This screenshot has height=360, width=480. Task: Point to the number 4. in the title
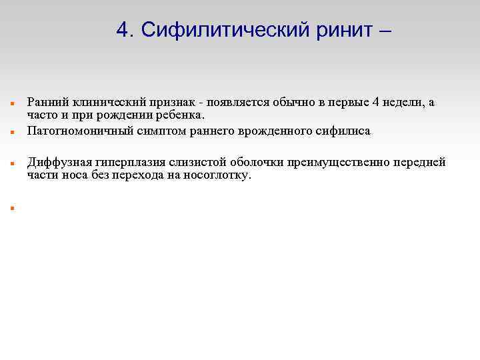(125, 29)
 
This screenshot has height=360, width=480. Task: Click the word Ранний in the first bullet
(46, 102)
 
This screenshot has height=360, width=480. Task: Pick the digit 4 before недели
(377, 102)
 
